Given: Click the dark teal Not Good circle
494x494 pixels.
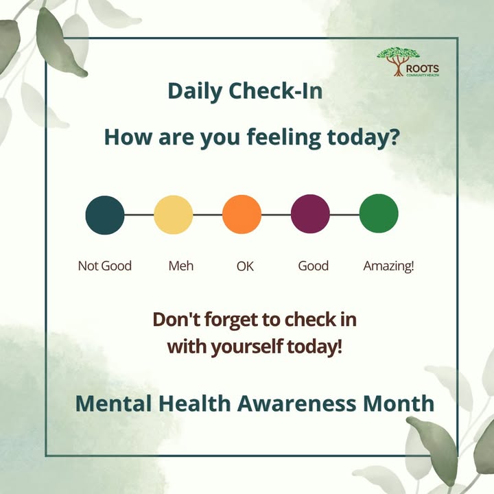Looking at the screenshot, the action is pyautogui.click(x=105, y=215).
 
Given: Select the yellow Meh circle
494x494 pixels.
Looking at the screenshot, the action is pyautogui.click(x=174, y=215).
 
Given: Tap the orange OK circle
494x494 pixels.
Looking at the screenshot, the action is pyautogui.click(x=242, y=215).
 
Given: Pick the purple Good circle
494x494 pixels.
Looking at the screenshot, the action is pyautogui.click(x=310, y=214).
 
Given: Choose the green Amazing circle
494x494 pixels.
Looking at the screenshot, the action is pyautogui.click(x=379, y=213).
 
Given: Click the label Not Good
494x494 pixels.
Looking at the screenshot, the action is pyautogui.click(x=104, y=266).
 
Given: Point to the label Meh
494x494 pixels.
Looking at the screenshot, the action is pyautogui.click(x=181, y=266).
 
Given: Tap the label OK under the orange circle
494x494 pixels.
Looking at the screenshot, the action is pyautogui.click(x=245, y=266).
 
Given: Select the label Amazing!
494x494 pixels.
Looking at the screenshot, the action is pyautogui.click(x=388, y=266).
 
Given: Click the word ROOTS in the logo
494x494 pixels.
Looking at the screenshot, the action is pyautogui.click(x=423, y=69).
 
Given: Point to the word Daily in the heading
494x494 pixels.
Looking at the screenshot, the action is pyautogui.click(x=195, y=92).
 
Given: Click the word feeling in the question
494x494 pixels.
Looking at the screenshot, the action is pyautogui.click(x=284, y=138).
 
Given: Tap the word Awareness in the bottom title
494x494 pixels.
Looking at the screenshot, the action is pyautogui.click(x=296, y=403).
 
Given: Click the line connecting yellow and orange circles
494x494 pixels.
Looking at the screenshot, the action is pyautogui.click(x=208, y=215).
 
